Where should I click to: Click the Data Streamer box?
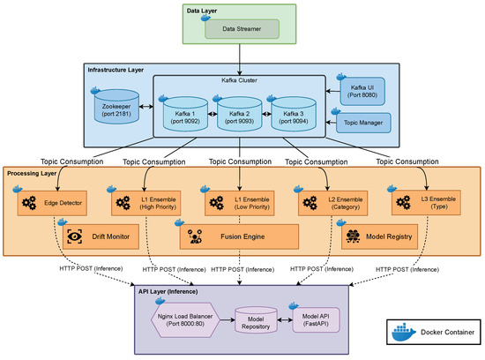pyautogui.click(x=242, y=29)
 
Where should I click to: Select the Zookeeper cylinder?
pyautogui.click(x=116, y=107)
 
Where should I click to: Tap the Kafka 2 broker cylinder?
pyautogui.click(x=239, y=114)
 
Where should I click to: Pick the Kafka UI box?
pyautogui.click(x=362, y=91)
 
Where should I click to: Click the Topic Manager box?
pyautogui.click(x=363, y=123)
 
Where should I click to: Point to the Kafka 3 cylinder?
pyautogui.click(x=294, y=114)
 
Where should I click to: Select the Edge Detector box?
pyautogui.click(x=52, y=203)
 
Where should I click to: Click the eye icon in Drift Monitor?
pyautogui.click(x=75, y=236)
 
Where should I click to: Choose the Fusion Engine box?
pyautogui.click(x=239, y=236)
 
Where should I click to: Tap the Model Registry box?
pyautogui.click(x=379, y=236)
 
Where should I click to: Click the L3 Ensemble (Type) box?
pyautogui.click(x=426, y=203)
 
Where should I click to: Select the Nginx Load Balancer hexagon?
pyautogui.click(x=185, y=320)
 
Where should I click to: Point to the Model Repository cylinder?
pyautogui.click(x=256, y=320)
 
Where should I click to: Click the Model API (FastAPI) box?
pyautogui.click(x=316, y=320)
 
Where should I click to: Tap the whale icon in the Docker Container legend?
pyautogui.click(x=404, y=332)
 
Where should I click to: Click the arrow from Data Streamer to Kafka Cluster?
pyautogui.click(x=239, y=59)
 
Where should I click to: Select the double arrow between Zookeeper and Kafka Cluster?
pyautogui.click(x=146, y=107)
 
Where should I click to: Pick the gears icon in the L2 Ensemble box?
pyautogui.click(x=310, y=203)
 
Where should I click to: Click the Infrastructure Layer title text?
pyautogui.click(x=116, y=70)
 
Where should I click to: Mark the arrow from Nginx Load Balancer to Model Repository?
pyautogui.click(x=228, y=319)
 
